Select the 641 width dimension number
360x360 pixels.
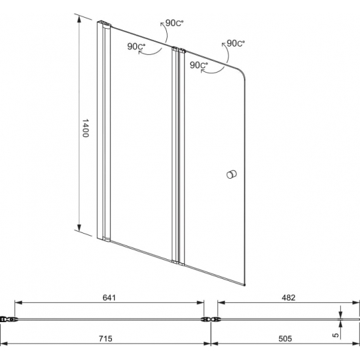pyautogui.click(x=109, y=297)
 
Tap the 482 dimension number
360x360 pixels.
pyautogui.click(x=289, y=297)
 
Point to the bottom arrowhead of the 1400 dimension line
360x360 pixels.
pyautogui.click(x=79, y=230)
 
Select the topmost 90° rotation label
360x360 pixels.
pyautogui.click(x=175, y=23)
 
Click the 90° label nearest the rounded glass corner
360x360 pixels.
pyautogui.click(x=234, y=44)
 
